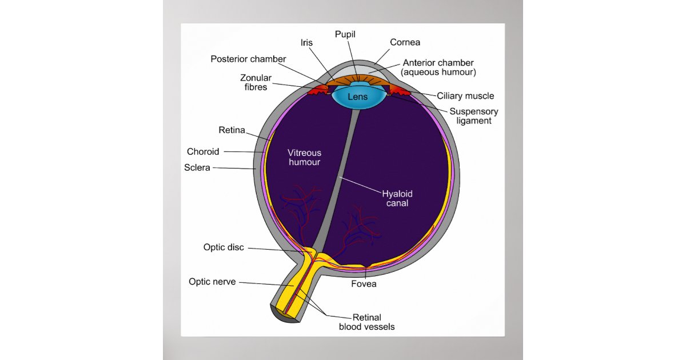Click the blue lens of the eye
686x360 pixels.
pyautogui.click(x=358, y=98)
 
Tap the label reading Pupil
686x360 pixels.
pyautogui.click(x=345, y=34)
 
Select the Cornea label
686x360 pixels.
pyautogui.click(x=405, y=42)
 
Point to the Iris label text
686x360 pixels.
pyautogui.click(x=306, y=43)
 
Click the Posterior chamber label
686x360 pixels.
pyautogui.click(x=248, y=59)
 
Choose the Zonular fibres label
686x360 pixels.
pyautogui.click(x=256, y=82)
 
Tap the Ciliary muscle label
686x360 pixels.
pyautogui.click(x=465, y=96)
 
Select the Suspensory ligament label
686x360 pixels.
pyautogui.click(x=473, y=116)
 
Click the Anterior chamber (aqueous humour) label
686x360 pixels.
pyautogui.click(x=438, y=67)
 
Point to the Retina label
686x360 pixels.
pyautogui.click(x=232, y=130)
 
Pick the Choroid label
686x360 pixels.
pyautogui.click(x=203, y=152)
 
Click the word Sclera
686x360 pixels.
pyautogui.click(x=197, y=168)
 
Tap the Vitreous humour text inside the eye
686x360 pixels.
pyautogui.click(x=304, y=157)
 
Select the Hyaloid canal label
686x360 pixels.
pyautogui.click(x=397, y=198)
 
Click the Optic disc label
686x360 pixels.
pyautogui.click(x=224, y=247)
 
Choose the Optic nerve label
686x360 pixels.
pyautogui.click(x=212, y=282)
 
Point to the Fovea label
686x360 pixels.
pyautogui.click(x=364, y=283)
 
